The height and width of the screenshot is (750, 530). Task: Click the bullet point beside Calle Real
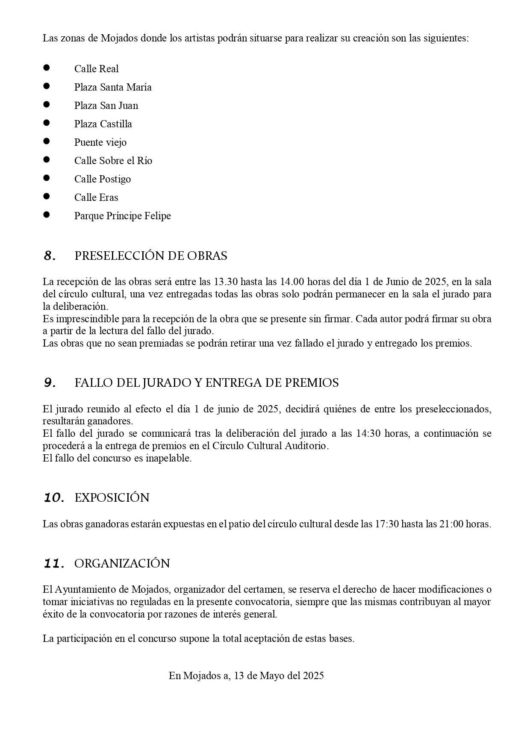pyautogui.click(x=47, y=68)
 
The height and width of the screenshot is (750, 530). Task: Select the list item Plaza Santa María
pyautogui.click(x=113, y=87)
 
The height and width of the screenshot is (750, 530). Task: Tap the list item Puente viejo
pyautogui.click(x=100, y=142)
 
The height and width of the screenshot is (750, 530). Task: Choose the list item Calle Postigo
pyautogui.click(x=103, y=179)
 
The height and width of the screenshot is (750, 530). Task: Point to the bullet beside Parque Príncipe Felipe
pyautogui.click(x=47, y=215)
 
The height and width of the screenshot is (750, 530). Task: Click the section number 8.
pyautogui.click(x=50, y=256)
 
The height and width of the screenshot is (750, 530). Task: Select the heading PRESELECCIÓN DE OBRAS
pyautogui.click(x=151, y=256)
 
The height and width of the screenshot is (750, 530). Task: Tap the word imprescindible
pyautogui.click(x=85, y=319)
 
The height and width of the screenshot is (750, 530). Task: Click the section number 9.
pyautogui.click(x=50, y=383)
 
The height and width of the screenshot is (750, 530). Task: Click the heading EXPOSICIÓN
pyautogui.click(x=112, y=498)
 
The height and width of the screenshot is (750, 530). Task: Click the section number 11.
pyautogui.click(x=54, y=564)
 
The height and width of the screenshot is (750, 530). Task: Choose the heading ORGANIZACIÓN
pyautogui.click(x=122, y=564)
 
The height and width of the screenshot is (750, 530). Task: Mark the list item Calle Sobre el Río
pyautogui.click(x=113, y=161)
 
